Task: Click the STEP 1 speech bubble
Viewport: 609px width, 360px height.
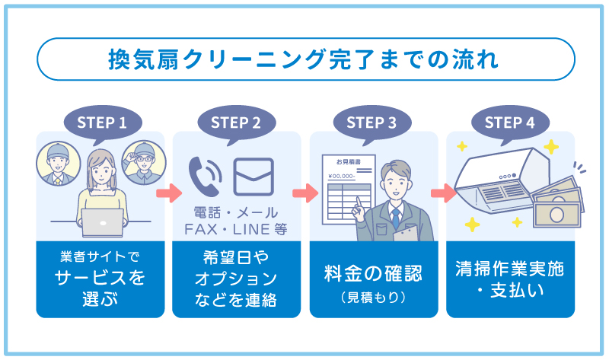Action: [100, 122]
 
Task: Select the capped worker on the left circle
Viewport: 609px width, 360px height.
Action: [56, 163]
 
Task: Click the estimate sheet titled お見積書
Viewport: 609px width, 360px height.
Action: [346, 190]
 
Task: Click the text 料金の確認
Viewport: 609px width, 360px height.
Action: [373, 273]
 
